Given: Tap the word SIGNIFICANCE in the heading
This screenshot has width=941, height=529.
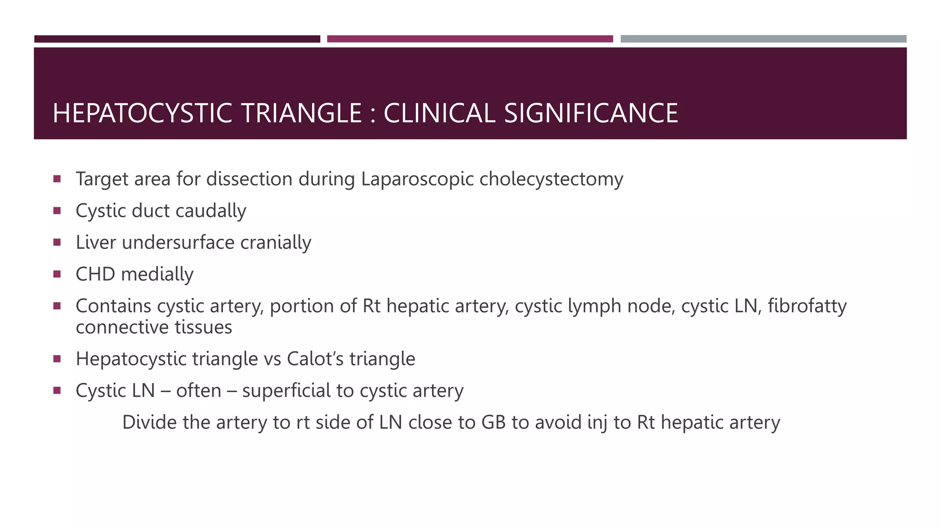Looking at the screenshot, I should click(591, 113).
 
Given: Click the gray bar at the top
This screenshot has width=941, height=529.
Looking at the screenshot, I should click(763, 39).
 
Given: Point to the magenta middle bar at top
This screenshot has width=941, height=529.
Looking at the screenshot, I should click(470, 39).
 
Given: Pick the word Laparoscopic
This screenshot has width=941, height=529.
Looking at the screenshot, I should click(417, 180).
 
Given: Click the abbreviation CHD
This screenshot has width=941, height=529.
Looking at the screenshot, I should click(95, 275).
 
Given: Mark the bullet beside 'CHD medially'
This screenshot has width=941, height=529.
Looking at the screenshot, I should click(57, 274).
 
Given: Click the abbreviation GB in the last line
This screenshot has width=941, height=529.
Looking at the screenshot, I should click(493, 422).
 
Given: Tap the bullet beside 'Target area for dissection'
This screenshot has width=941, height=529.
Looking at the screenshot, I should click(57, 179).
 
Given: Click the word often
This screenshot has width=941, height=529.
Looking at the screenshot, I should click(198, 391).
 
